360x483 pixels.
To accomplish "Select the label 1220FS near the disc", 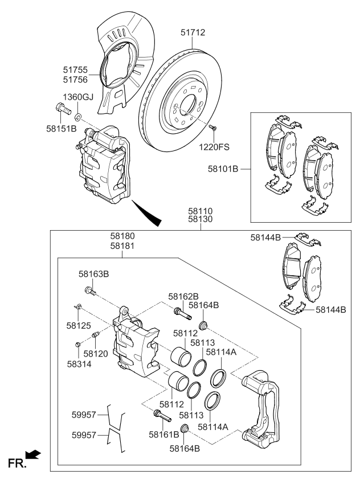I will pos(214,148).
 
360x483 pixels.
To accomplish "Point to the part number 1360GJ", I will pos(79,97).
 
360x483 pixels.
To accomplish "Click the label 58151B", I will pos(62,129).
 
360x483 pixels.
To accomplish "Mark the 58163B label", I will pos(93,274).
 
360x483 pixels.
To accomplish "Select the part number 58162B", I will pos(183,296).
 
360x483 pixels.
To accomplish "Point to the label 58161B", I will pos(164,435).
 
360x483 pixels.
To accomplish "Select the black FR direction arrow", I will pos(34,454).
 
